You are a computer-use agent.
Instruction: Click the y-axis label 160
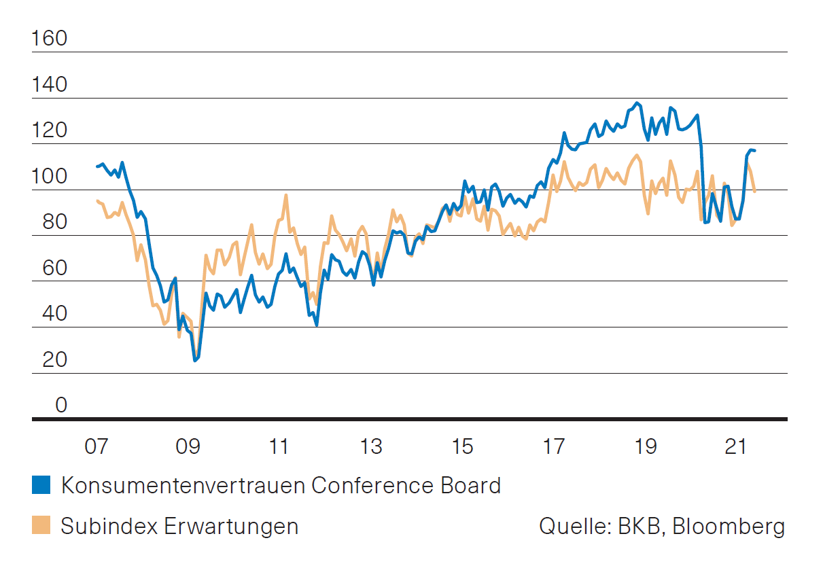(50, 39)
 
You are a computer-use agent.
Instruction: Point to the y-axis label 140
(50, 85)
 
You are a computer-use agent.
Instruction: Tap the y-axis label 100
(50, 177)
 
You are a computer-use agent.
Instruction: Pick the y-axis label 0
(61, 406)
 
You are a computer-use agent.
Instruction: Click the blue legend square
(41, 485)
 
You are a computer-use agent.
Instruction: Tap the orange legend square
(41, 526)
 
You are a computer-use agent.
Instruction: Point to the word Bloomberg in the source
(729, 527)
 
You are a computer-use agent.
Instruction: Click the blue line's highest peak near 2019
(637, 103)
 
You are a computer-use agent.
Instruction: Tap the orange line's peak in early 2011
(286, 195)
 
